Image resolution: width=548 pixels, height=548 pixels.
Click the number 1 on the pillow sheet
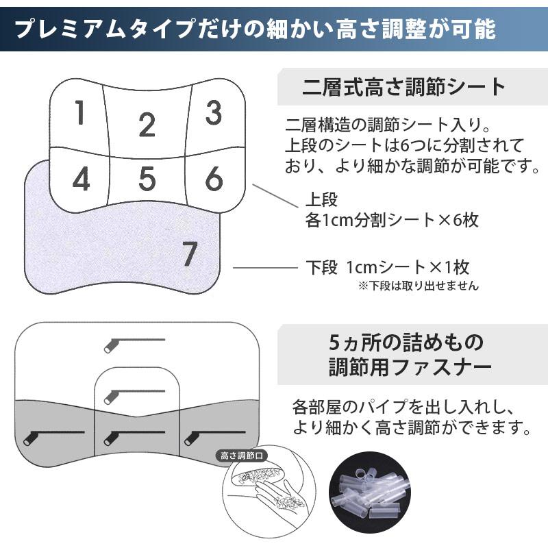(x=80, y=113)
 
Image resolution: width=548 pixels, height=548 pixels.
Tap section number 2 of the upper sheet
(x=147, y=125)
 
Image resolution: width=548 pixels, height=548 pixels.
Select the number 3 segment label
(x=214, y=113)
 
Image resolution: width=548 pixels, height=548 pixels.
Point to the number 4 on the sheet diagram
(x=81, y=179)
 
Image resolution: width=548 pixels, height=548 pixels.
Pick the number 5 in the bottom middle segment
(x=147, y=179)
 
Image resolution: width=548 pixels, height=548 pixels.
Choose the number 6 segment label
(x=214, y=179)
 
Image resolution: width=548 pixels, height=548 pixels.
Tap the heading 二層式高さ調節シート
(x=404, y=88)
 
